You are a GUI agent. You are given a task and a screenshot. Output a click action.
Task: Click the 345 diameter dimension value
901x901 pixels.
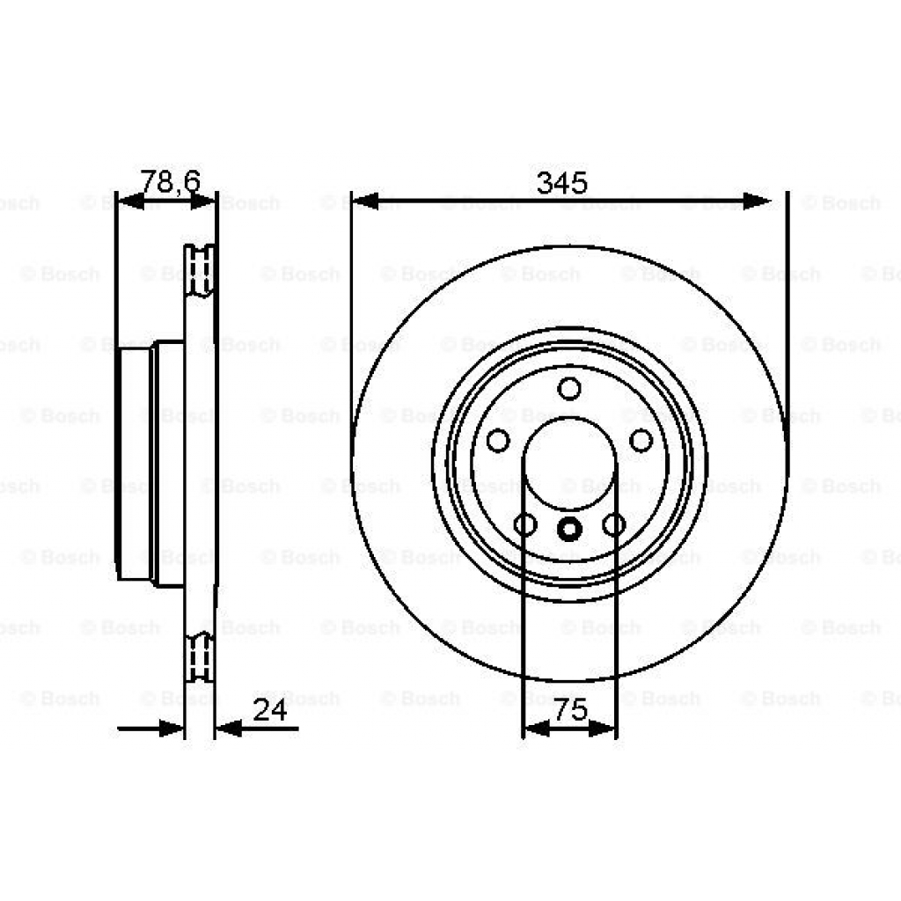click(x=562, y=184)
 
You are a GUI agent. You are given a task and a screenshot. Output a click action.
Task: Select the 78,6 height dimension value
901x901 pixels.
click(x=171, y=182)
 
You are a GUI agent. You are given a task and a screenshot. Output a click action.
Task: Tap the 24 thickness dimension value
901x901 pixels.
click(x=270, y=711)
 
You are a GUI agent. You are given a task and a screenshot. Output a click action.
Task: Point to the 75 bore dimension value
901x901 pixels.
click(x=571, y=711)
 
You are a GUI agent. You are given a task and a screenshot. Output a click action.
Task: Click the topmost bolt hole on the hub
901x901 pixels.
click(x=569, y=388)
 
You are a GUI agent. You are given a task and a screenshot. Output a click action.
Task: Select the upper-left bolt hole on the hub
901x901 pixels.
click(x=498, y=440)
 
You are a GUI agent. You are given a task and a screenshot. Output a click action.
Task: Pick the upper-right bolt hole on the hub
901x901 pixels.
click(x=641, y=440)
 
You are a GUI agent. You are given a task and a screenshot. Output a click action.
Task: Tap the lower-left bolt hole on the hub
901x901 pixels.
click(x=525, y=525)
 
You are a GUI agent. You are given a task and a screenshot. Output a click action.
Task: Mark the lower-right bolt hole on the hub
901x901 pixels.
click(x=614, y=525)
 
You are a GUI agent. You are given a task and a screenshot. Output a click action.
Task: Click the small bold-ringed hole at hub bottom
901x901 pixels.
click(x=569, y=528)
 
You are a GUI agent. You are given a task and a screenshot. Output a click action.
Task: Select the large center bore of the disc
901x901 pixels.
click(x=569, y=462)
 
